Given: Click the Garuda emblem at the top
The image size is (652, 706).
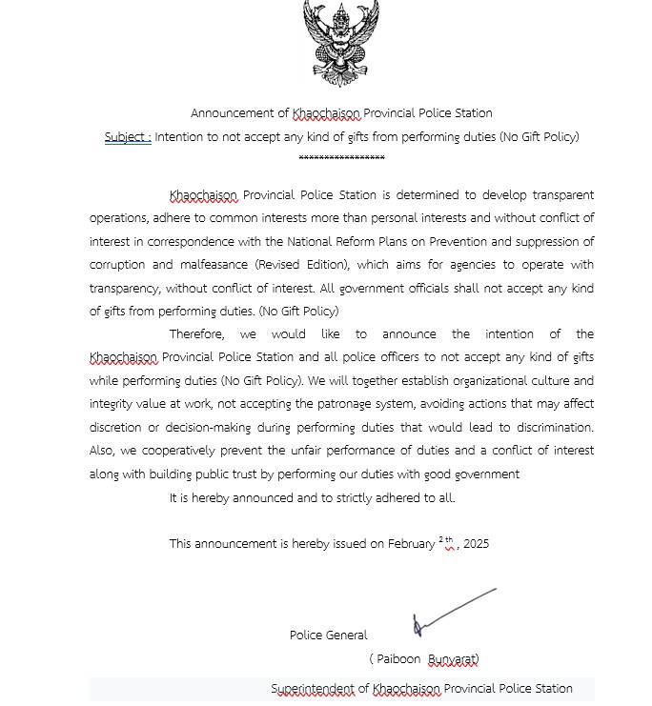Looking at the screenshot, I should coord(340,43).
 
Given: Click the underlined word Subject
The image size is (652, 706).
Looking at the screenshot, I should coord(127,137).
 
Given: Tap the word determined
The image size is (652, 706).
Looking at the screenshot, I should coord(426,195).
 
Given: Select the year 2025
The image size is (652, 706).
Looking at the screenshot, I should coord(476,544).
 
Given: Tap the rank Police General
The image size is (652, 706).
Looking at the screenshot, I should coord(328,635).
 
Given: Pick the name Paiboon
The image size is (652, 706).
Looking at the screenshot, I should coord(398,659).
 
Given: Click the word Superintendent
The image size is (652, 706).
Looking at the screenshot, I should coord(312,689).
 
